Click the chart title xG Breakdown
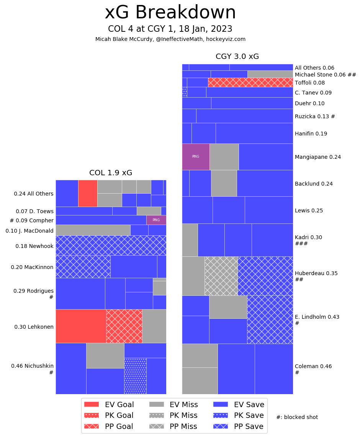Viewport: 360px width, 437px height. click(170, 13)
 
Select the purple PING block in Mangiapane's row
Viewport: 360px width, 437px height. click(196, 157)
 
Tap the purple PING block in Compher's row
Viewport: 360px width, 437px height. click(156, 220)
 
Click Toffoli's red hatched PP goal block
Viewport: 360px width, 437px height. click(250, 82)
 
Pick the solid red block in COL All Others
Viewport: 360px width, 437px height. click(88, 193)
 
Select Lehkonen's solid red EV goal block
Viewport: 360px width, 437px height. click(81, 326)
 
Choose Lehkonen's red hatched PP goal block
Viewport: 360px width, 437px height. click(124, 326)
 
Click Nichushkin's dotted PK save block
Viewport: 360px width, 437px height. click(135, 376)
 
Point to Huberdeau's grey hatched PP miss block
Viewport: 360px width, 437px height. click(221, 276)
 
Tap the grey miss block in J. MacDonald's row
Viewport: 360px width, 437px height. click(93, 230)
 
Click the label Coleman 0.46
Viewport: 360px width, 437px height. click(313, 366)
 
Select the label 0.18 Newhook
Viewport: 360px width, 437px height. click(34, 246)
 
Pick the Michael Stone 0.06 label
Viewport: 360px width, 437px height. click(326, 75)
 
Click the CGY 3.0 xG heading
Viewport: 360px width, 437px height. click(237, 57)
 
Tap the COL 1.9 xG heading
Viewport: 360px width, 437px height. click(111, 173)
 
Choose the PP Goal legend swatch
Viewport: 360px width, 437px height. click(91, 426)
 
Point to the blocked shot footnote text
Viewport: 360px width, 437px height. click(297, 417)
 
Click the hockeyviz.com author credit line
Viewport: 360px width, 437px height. click(170, 39)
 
